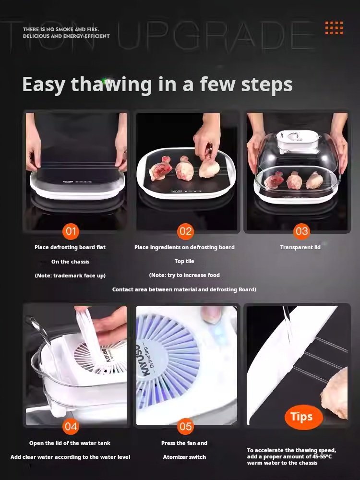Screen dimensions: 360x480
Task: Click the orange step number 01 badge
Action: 71,231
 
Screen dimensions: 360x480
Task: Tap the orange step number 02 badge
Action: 185,231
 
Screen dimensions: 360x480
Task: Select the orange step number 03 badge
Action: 301,231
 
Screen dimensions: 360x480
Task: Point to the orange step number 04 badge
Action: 71,426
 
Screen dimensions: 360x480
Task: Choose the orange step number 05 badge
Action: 185,426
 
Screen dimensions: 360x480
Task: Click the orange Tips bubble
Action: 303,417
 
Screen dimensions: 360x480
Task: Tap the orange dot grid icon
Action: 334,28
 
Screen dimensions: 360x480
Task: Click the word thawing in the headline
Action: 111,84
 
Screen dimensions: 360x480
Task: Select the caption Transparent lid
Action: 300,247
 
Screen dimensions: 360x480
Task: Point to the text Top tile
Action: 184,261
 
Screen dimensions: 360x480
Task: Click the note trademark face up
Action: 71,276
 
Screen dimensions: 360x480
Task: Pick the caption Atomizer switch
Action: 184,457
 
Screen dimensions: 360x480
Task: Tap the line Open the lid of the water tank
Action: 70,443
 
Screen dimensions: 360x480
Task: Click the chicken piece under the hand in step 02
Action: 210,166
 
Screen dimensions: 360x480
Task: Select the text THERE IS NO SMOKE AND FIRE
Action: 61,29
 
